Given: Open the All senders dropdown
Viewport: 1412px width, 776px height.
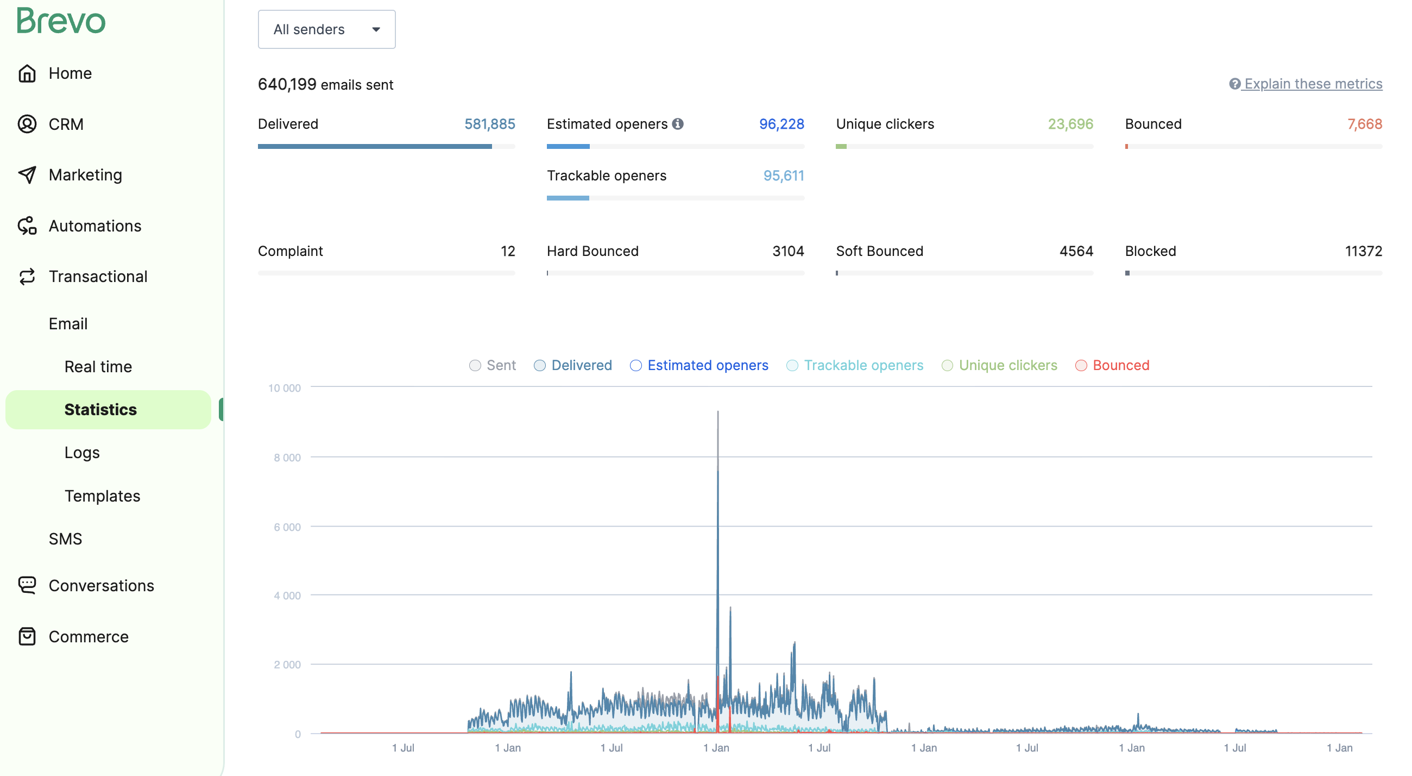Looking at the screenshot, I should [326, 29].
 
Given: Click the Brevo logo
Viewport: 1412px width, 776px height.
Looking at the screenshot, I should [61, 21].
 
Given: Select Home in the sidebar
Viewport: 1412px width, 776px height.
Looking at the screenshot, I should [70, 73].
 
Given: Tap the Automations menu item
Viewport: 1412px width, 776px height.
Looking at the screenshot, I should [94, 226].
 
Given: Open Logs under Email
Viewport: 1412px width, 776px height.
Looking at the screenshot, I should [81, 453].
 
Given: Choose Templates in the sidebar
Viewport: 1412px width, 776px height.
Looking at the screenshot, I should [102, 496].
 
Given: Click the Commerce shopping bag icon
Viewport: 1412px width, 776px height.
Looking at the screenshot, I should [27, 636].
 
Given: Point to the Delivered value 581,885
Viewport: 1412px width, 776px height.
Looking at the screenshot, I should [489, 124].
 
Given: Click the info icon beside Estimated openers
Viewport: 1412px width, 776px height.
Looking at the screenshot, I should [678, 124].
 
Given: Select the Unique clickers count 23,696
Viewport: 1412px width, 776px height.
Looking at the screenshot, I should [1069, 124].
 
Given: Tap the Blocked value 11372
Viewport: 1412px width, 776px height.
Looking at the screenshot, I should [1363, 251].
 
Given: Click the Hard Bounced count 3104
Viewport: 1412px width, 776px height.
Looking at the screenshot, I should [787, 251].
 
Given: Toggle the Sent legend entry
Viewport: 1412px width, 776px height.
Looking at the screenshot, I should [492, 365].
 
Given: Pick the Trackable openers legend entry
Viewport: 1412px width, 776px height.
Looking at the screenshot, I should [855, 365].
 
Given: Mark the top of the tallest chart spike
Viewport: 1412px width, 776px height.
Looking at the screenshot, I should [717, 412].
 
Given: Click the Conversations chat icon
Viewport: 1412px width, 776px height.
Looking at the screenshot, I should [27, 585].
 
